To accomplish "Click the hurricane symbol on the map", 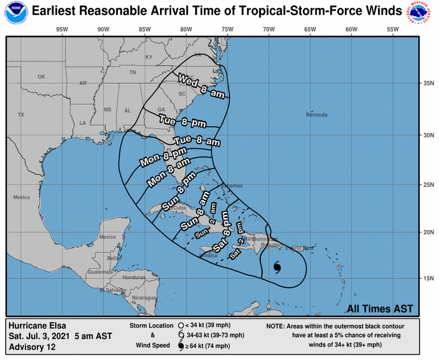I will [277, 267].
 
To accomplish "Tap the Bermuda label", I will [316, 115].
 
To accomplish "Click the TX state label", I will [21, 115].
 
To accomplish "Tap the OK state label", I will [42, 77].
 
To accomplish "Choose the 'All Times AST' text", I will [380, 309].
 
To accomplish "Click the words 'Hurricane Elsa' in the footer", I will [37, 325].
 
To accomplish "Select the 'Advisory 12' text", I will [32, 347].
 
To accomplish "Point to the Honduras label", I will [134, 277].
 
